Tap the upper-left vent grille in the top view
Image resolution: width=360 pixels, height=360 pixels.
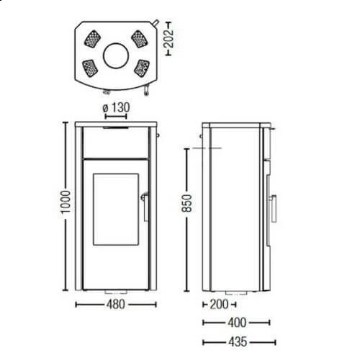[94, 37]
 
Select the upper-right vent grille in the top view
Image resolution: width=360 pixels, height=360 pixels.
[138, 37]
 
